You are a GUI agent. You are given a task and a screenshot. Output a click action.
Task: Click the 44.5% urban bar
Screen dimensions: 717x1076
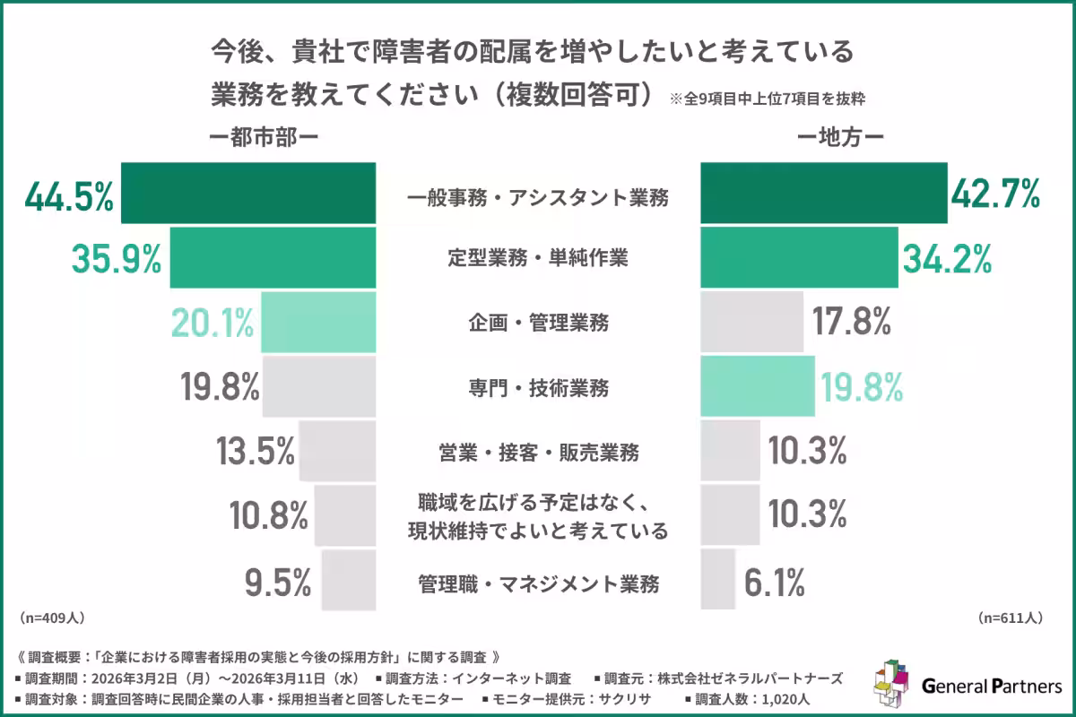247,193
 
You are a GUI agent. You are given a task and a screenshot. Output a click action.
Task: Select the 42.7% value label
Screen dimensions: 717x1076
995,193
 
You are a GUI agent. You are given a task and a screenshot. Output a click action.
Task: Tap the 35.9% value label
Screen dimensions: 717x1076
117,258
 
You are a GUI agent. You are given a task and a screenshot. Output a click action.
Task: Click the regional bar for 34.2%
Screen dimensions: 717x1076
798,258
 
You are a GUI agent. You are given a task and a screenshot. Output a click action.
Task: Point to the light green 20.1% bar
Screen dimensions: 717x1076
317,323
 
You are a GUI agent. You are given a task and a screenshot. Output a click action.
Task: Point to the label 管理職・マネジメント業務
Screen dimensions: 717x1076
538,584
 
